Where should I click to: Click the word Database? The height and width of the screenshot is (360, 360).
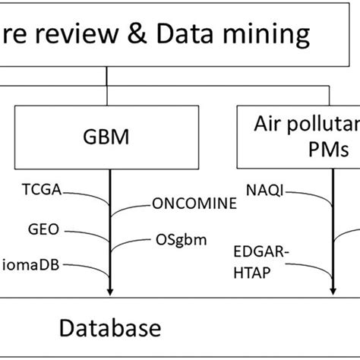[110, 327]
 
